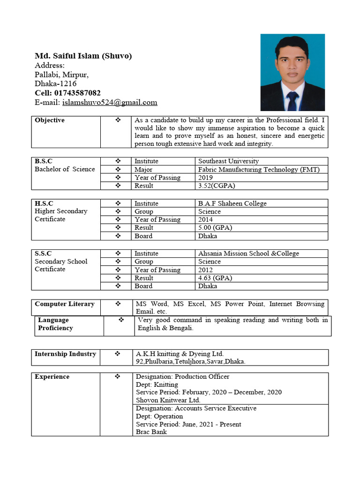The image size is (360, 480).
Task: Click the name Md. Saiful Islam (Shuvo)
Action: click(83, 56)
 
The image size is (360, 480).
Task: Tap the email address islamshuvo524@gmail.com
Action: click(110, 102)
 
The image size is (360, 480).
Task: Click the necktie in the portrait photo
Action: click(292, 100)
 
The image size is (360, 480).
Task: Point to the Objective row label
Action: click(50, 120)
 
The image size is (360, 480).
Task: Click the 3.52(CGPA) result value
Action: click(217, 186)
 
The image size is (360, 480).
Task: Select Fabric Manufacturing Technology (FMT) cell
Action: click(259, 169)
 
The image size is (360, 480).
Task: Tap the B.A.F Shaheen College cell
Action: click(232, 203)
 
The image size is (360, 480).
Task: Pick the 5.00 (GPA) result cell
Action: click(215, 228)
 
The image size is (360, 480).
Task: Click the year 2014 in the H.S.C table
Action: click(205, 219)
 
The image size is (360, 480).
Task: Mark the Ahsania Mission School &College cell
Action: click(248, 254)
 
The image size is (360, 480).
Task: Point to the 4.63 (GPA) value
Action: click(215, 278)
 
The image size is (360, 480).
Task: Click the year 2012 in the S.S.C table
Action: click(205, 270)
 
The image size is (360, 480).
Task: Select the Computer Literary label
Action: click(65, 304)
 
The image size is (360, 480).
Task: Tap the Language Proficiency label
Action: click(55, 324)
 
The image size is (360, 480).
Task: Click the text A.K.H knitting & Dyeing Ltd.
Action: click(180, 354)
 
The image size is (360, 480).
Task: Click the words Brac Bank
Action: click(151, 432)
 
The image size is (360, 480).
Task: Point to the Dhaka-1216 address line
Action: click(56, 84)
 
